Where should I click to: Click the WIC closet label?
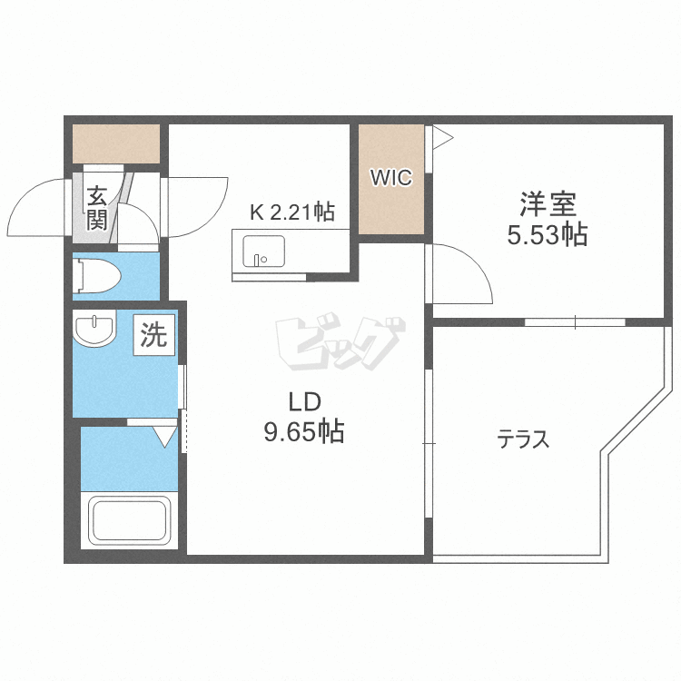pos(390,177)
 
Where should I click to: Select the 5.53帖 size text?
pos(548,235)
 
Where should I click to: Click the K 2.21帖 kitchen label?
pos(291,212)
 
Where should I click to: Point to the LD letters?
pos(305,401)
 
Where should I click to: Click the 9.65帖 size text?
pos(304,431)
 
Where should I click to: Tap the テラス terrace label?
pos(523,439)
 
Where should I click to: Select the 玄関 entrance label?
pos(96,208)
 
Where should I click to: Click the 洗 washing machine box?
pos(154,335)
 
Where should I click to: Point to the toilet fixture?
pos(97,276)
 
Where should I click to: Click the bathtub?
pos(129,521)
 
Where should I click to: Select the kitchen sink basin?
pos(263,251)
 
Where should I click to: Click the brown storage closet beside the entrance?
pos(116,144)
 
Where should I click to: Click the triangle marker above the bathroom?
pos(165,437)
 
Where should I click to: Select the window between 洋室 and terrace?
pos(575,322)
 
